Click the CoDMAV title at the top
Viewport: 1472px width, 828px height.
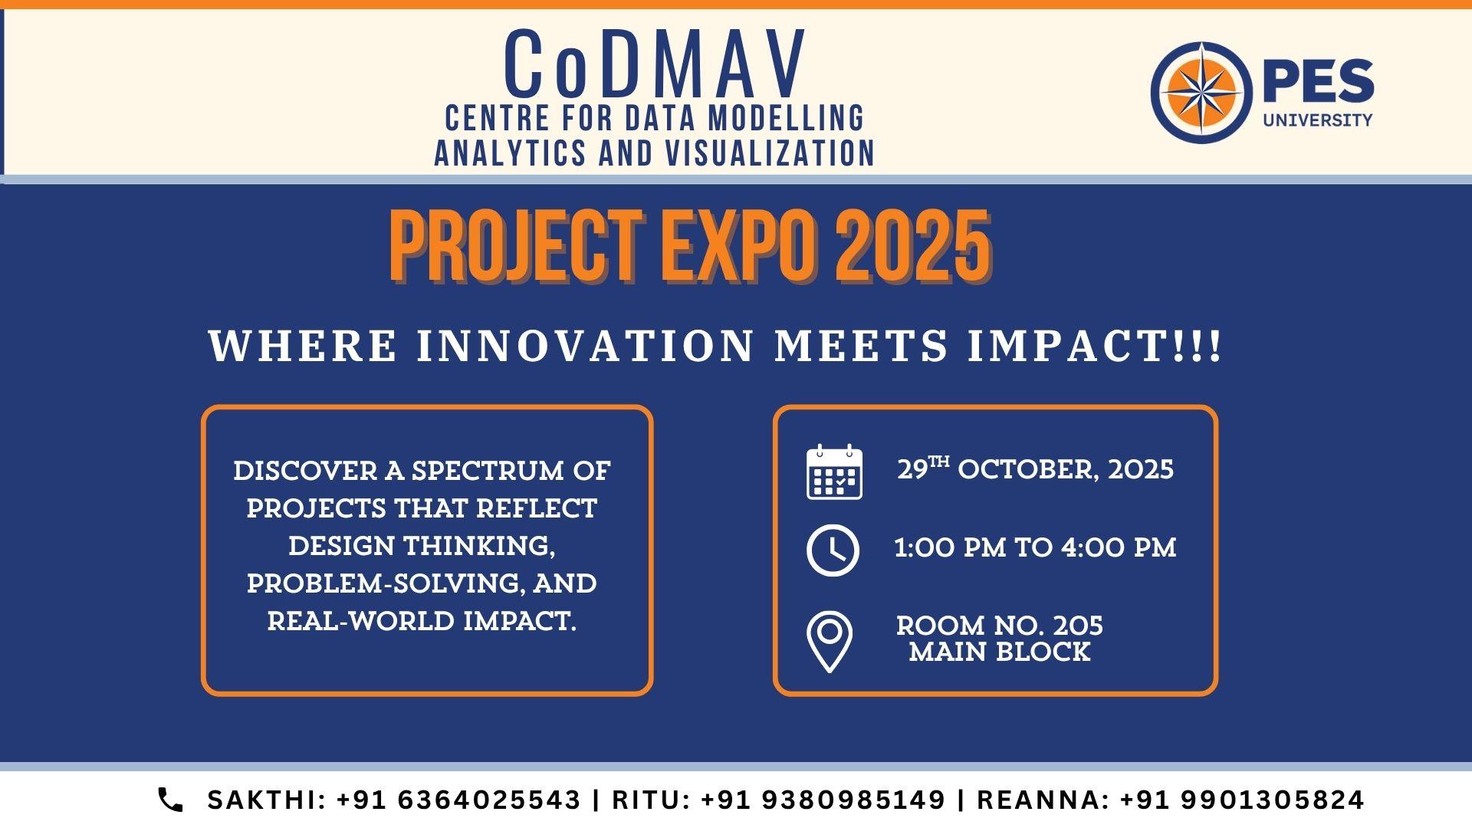[656, 64]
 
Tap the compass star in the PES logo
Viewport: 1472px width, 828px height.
[1201, 92]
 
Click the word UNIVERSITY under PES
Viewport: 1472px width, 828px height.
[1318, 120]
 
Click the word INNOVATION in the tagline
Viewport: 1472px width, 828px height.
[586, 346]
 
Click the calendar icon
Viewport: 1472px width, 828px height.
[834, 472]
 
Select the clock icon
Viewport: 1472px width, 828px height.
[833, 550]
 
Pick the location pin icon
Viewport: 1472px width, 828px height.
[829, 642]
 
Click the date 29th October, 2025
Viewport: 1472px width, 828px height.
[1036, 468]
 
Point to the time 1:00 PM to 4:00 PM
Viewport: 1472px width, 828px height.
[1035, 547]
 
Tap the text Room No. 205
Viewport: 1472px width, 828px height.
[1000, 626]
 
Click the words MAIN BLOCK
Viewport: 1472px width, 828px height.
[1000, 652]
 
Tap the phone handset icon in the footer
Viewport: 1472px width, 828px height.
[170, 800]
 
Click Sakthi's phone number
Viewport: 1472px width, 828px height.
[459, 800]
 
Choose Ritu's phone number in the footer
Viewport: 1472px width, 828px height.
[823, 800]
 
